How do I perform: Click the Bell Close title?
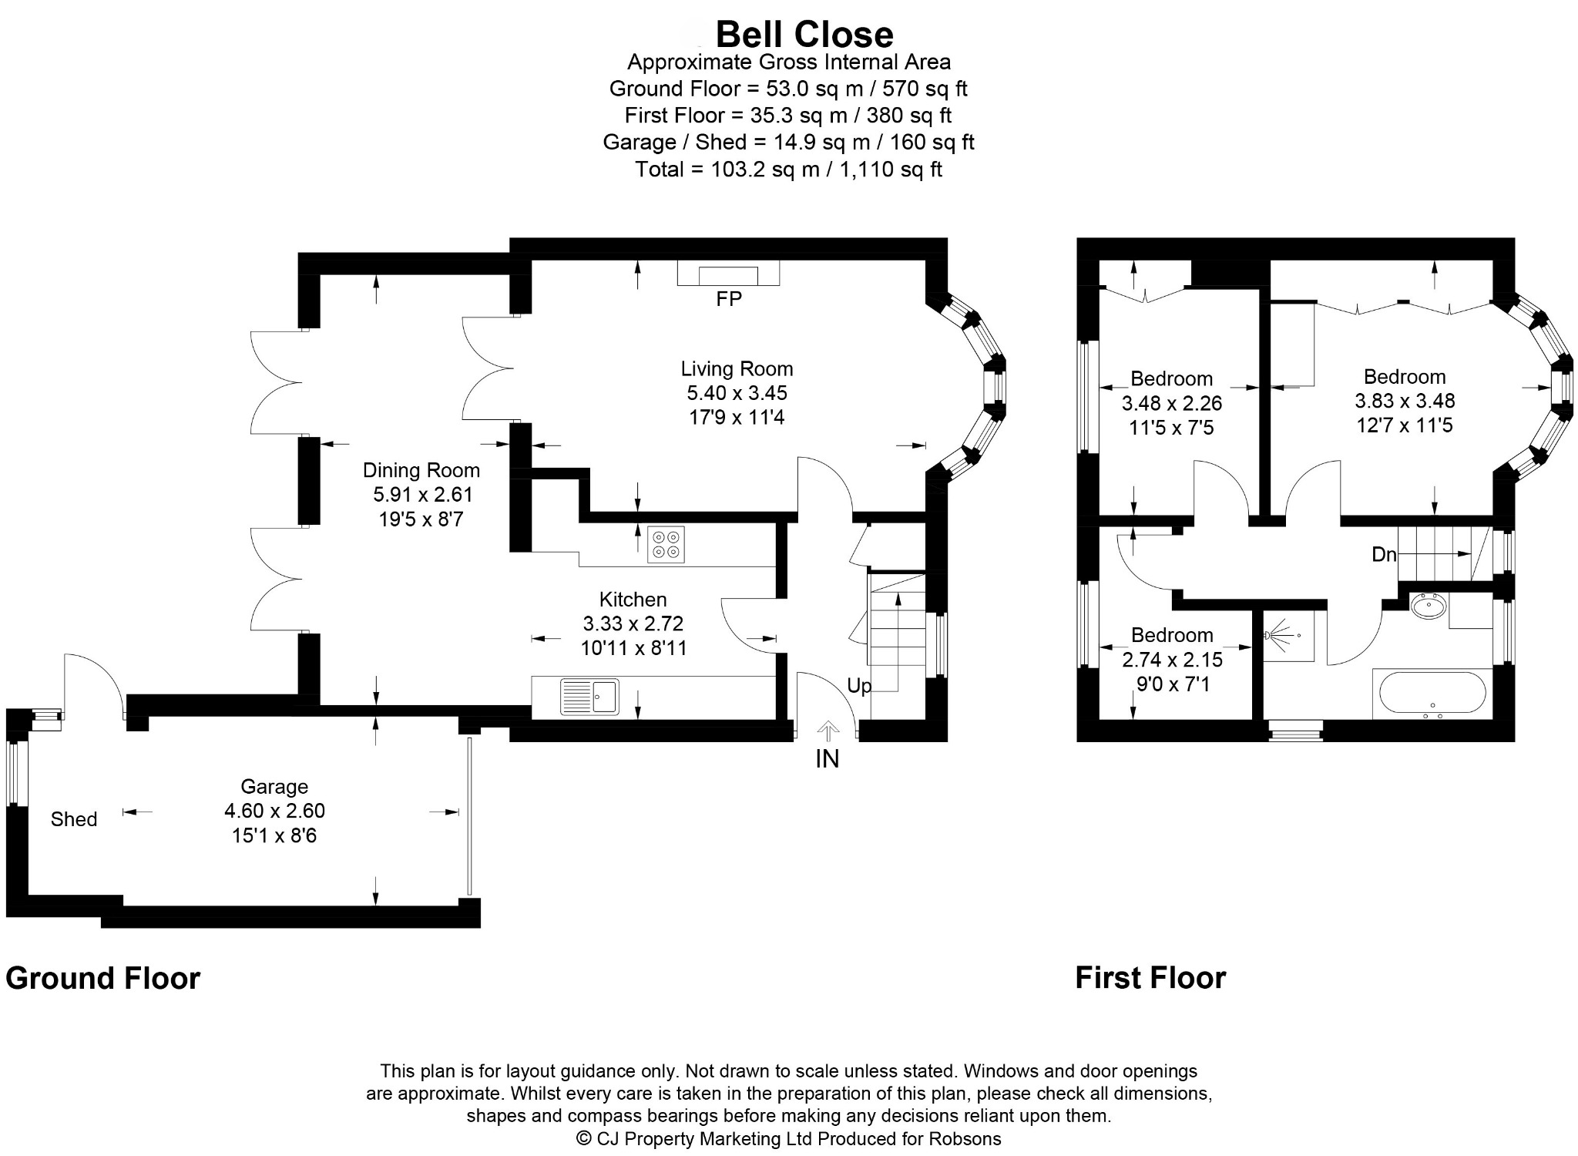pyautogui.click(x=804, y=34)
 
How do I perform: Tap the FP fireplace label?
pyautogui.click(x=728, y=299)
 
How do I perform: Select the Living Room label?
pyautogui.click(x=737, y=369)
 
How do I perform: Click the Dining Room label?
pyautogui.click(x=421, y=470)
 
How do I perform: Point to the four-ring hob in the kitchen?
pyautogui.click(x=666, y=545)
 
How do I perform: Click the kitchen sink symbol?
pyautogui.click(x=589, y=697)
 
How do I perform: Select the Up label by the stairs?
pyautogui.click(x=859, y=686)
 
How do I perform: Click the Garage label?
pyautogui.click(x=274, y=787)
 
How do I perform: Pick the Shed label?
pyautogui.click(x=74, y=819)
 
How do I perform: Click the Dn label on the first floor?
pyautogui.click(x=1384, y=554)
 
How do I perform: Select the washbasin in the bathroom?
pyautogui.click(x=1430, y=607)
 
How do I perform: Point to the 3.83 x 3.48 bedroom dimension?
pyautogui.click(x=1405, y=401)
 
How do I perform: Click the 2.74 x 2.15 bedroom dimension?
pyautogui.click(x=1173, y=660)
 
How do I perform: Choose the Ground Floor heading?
pyautogui.click(x=103, y=979)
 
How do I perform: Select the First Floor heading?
pyautogui.click(x=1150, y=979)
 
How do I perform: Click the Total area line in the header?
pyautogui.click(x=788, y=170)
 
